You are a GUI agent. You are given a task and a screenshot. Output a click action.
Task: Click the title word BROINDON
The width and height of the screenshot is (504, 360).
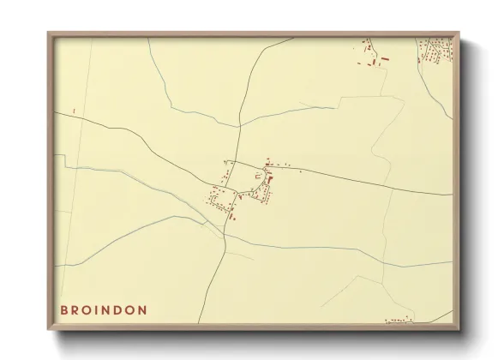(x=104, y=309)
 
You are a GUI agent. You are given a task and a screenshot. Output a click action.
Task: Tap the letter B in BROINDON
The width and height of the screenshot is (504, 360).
(x=64, y=309)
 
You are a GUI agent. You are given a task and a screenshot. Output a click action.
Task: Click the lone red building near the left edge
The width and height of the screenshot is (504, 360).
(x=75, y=111)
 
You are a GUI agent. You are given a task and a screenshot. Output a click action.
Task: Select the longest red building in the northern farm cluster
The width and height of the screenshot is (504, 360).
(x=384, y=58)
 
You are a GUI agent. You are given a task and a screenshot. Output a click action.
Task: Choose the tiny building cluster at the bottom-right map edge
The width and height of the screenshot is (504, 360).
(x=399, y=321)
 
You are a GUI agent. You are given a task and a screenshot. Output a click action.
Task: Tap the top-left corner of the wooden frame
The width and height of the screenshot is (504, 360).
(x=49, y=33)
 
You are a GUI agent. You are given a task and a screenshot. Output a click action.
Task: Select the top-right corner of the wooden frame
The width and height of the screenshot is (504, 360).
(x=458, y=33)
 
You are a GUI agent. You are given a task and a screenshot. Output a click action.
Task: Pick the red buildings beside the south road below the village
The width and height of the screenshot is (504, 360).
(x=231, y=218)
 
